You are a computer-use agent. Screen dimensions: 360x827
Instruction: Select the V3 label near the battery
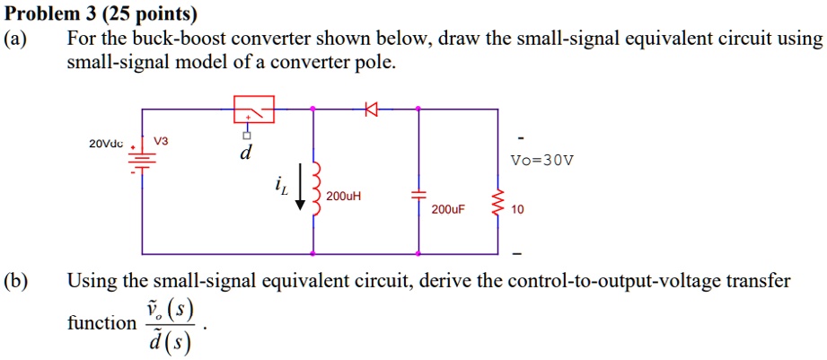point(161,142)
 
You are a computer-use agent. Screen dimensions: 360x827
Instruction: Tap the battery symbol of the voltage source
point(143,159)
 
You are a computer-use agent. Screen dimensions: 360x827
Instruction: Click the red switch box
point(254,109)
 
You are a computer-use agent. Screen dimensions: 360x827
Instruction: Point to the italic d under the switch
point(244,154)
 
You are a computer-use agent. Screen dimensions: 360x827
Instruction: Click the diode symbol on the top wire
point(369,110)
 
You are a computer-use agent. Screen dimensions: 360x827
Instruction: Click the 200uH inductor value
point(344,196)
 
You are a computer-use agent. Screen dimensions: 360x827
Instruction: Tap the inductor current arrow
point(300,194)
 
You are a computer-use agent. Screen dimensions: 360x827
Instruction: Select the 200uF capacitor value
point(449,210)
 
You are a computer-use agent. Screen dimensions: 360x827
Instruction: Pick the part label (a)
point(17,39)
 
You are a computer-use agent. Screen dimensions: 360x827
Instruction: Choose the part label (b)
point(17,281)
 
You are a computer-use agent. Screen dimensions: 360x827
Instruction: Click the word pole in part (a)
point(374,64)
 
